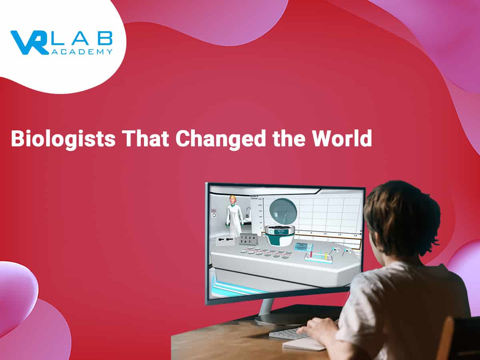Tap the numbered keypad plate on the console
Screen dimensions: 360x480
[x=247, y=239]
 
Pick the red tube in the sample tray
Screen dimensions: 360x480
[x=311, y=254]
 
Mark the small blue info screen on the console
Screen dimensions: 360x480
[x=301, y=247]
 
